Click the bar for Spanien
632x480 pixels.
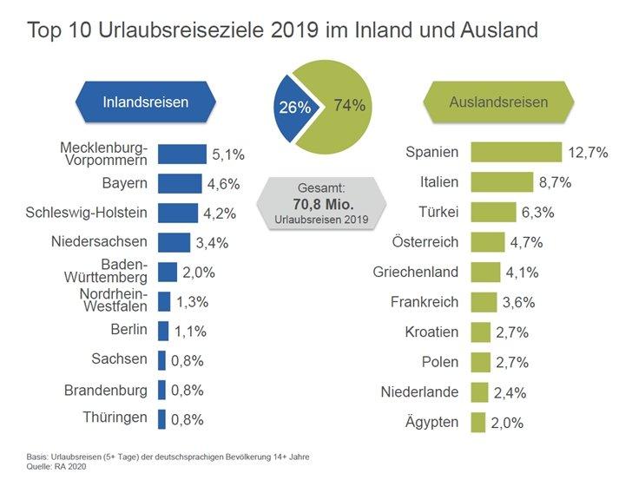coord(517,152)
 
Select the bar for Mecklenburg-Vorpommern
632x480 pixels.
coord(182,155)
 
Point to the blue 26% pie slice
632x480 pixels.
coord(293,107)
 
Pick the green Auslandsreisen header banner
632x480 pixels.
coord(498,102)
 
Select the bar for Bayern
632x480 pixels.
coord(179,183)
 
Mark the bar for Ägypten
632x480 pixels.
coord(477,422)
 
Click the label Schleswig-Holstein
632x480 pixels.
coord(99,213)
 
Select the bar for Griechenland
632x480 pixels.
coord(485,272)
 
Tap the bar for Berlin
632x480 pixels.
coord(163,331)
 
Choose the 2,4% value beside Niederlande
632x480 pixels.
coord(510,392)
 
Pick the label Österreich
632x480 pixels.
coord(425,242)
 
